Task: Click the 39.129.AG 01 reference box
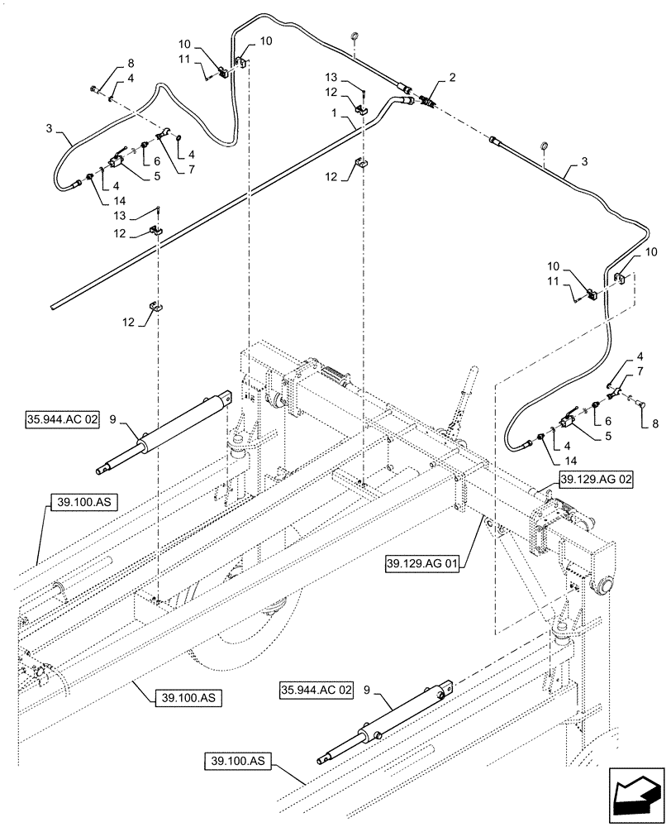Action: point(425,564)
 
